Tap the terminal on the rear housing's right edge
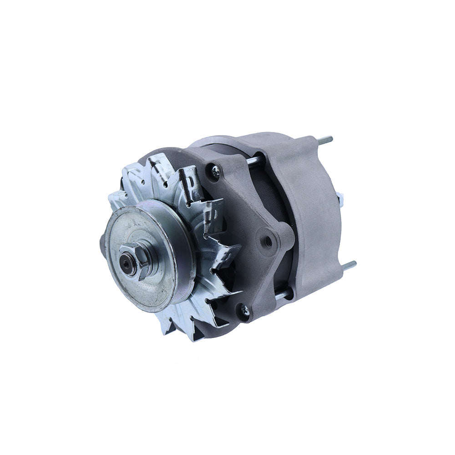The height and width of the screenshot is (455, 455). (340, 197)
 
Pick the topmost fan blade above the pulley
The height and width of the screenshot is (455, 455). (157, 164)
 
